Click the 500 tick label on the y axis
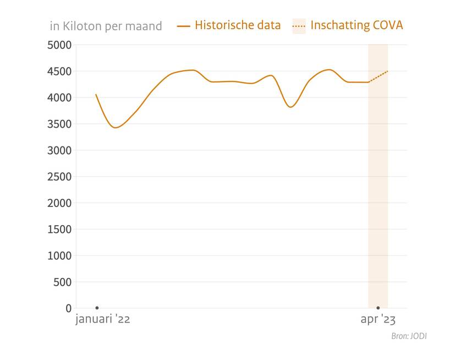pyautogui.click(x=61, y=282)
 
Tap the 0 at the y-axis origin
pyautogui.click(x=68, y=308)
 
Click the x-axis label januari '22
pyautogui.click(x=103, y=320)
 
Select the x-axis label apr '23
pyautogui.click(x=378, y=320)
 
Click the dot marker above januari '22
pyautogui.click(x=97, y=308)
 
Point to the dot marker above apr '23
pyautogui.click(x=378, y=308)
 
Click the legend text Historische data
pyautogui.click(x=238, y=25)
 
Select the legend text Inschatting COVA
pyautogui.click(x=356, y=25)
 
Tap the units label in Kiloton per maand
pyautogui.click(x=106, y=26)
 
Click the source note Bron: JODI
pyautogui.click(x=409, y=336)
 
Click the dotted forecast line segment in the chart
pyautogui.click(x=378, y=77)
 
